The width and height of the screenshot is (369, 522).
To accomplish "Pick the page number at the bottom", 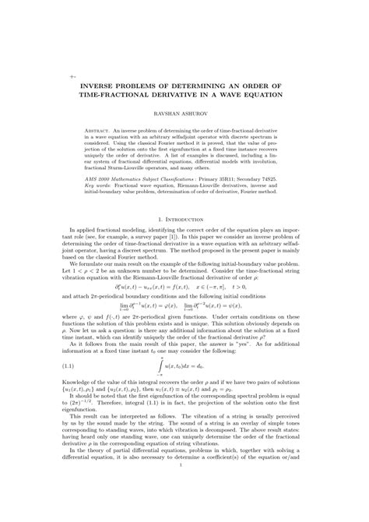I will [184, 510].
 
